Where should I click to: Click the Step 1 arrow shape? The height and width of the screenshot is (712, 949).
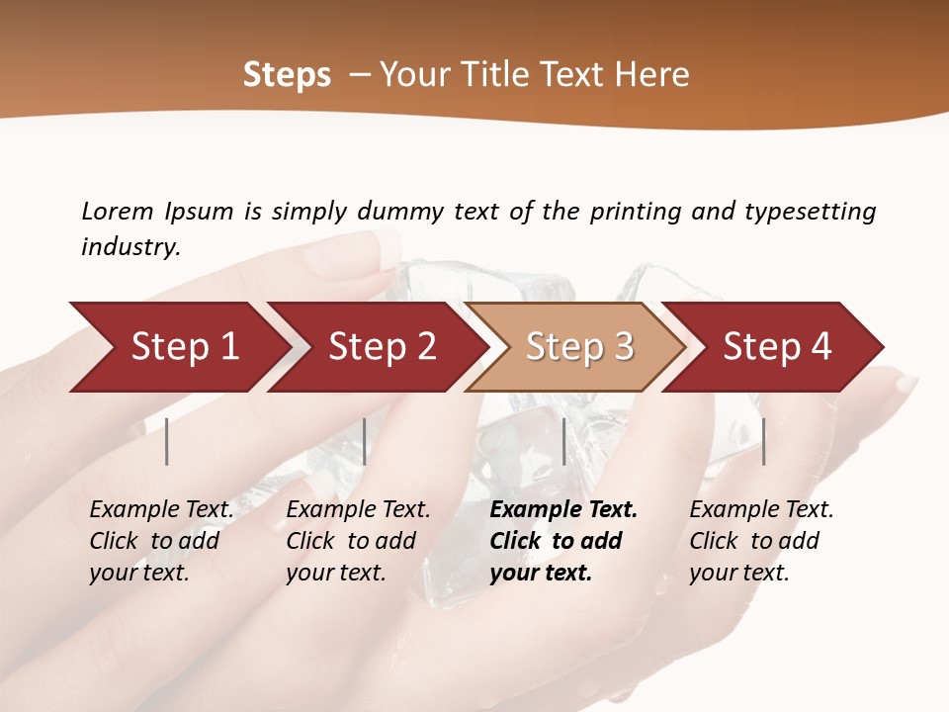point(178,347)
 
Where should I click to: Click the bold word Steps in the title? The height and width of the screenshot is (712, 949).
point(287,75)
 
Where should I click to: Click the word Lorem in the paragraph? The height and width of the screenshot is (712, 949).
point(117,211)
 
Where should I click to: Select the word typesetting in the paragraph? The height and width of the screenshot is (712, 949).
point(810,212)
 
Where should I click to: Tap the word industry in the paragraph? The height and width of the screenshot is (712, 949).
point(129,246)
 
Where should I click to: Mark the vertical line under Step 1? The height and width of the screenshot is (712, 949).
point(167,441)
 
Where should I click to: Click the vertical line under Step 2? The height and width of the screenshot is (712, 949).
point(365,441)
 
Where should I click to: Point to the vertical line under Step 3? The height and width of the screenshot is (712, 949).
point(563,441)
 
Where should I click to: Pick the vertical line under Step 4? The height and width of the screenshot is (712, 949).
point(763,441)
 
